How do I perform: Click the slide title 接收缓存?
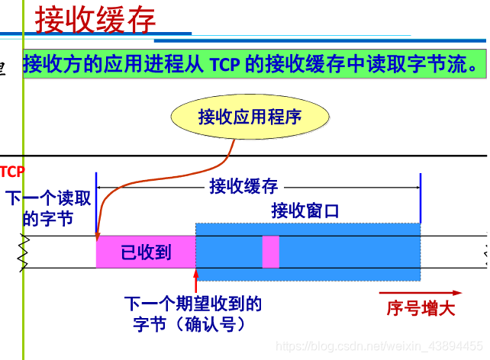tap(95, 20)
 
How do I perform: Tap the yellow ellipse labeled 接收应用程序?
tap(250, 117)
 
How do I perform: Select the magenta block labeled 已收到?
tap(146, 252)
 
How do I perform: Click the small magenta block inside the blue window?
tap(270, 252)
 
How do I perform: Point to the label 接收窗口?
tap(305, 211)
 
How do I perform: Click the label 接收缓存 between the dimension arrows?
tap(243, 185)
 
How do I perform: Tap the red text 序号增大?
tap(421, 309)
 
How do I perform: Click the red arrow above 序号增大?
tap(421, 293)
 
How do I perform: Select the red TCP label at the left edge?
tap(12, 171)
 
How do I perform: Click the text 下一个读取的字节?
tap(49, 208)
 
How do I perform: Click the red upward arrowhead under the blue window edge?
tap(196, 274)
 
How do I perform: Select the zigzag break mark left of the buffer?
tap(24, 252)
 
